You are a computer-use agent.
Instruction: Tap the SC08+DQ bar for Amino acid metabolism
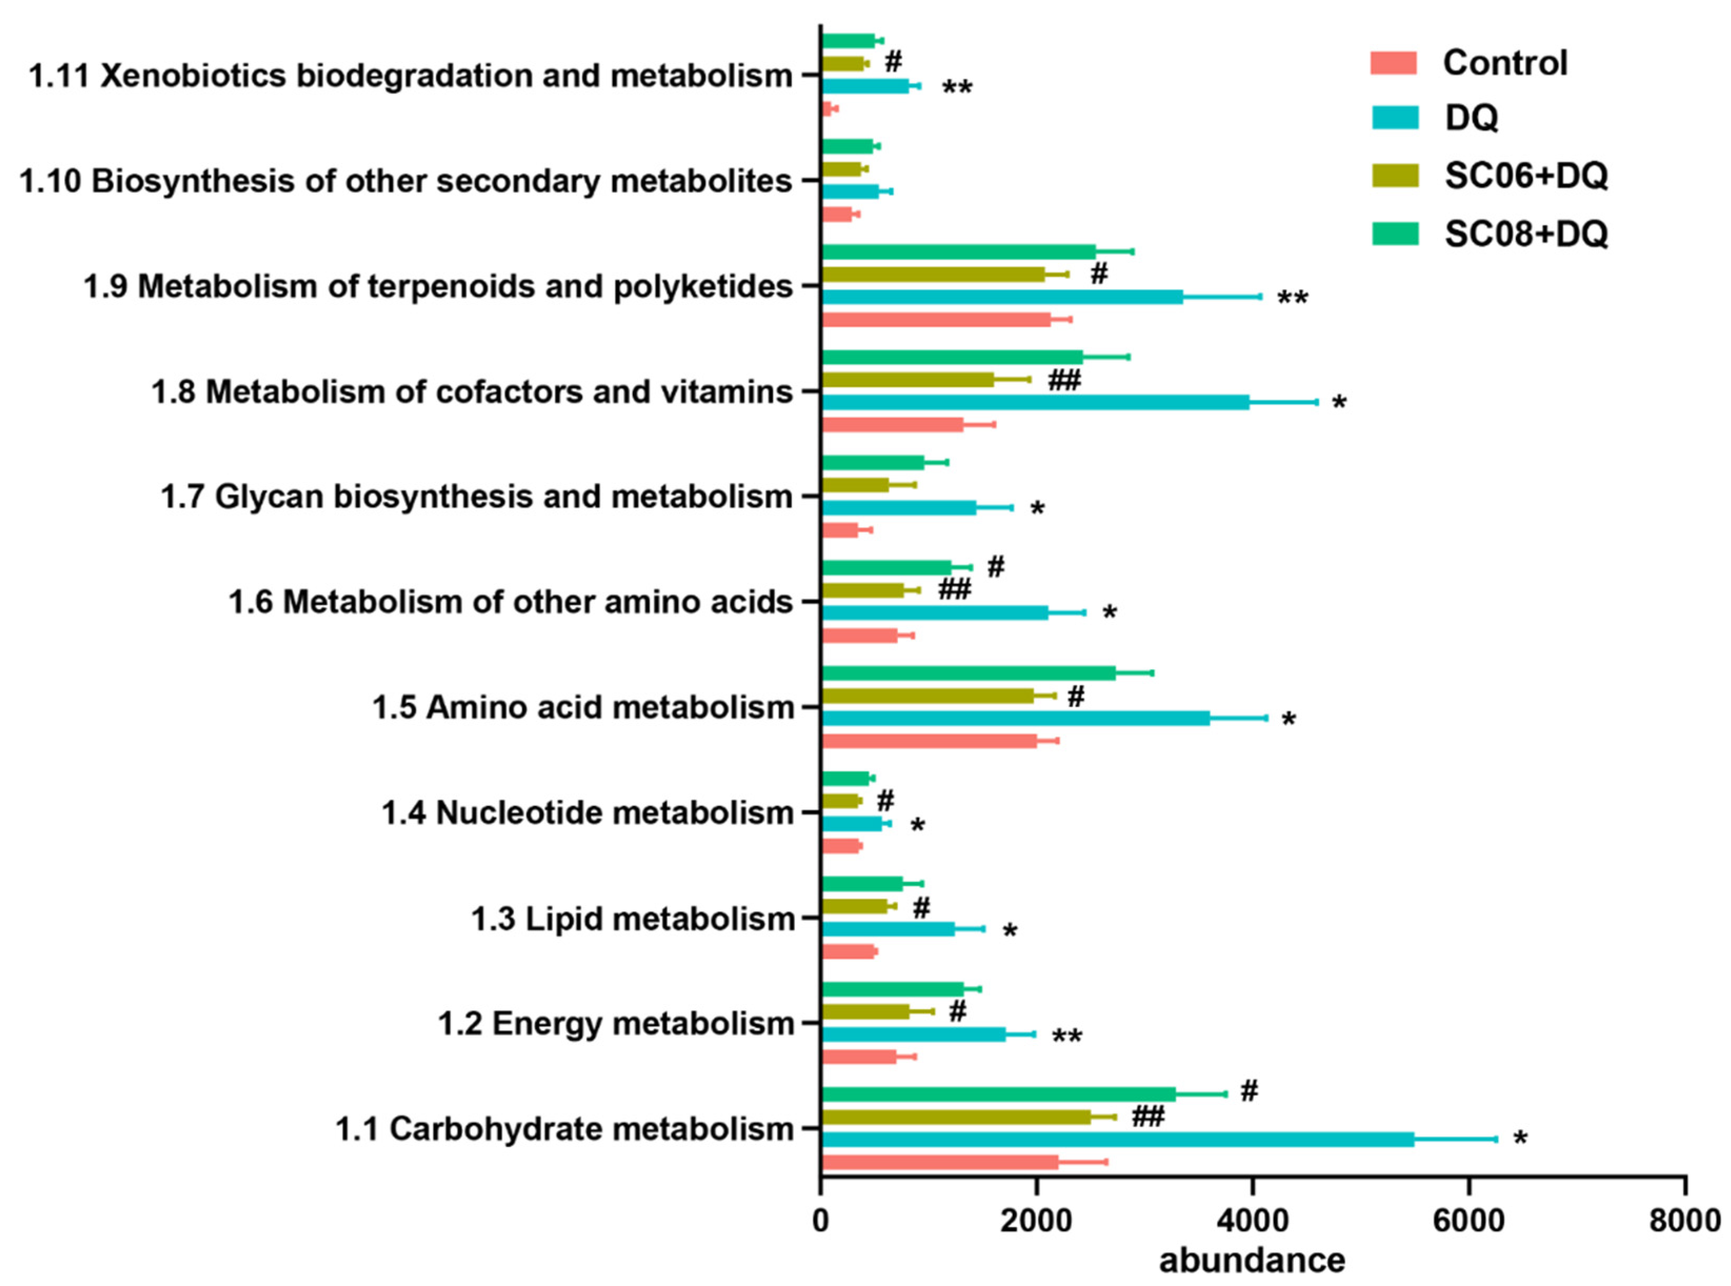(x=968, y=674)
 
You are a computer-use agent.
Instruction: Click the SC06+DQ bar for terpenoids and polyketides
(x=932, y=274)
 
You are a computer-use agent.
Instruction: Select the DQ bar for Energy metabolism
(x=913, y=1034)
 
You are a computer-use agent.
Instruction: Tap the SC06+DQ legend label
(x=1525, y=176)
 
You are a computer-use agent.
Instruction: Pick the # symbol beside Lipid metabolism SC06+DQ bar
(x=921, y=908)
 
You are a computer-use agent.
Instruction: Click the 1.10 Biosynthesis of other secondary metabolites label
(x=406, y=180)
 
